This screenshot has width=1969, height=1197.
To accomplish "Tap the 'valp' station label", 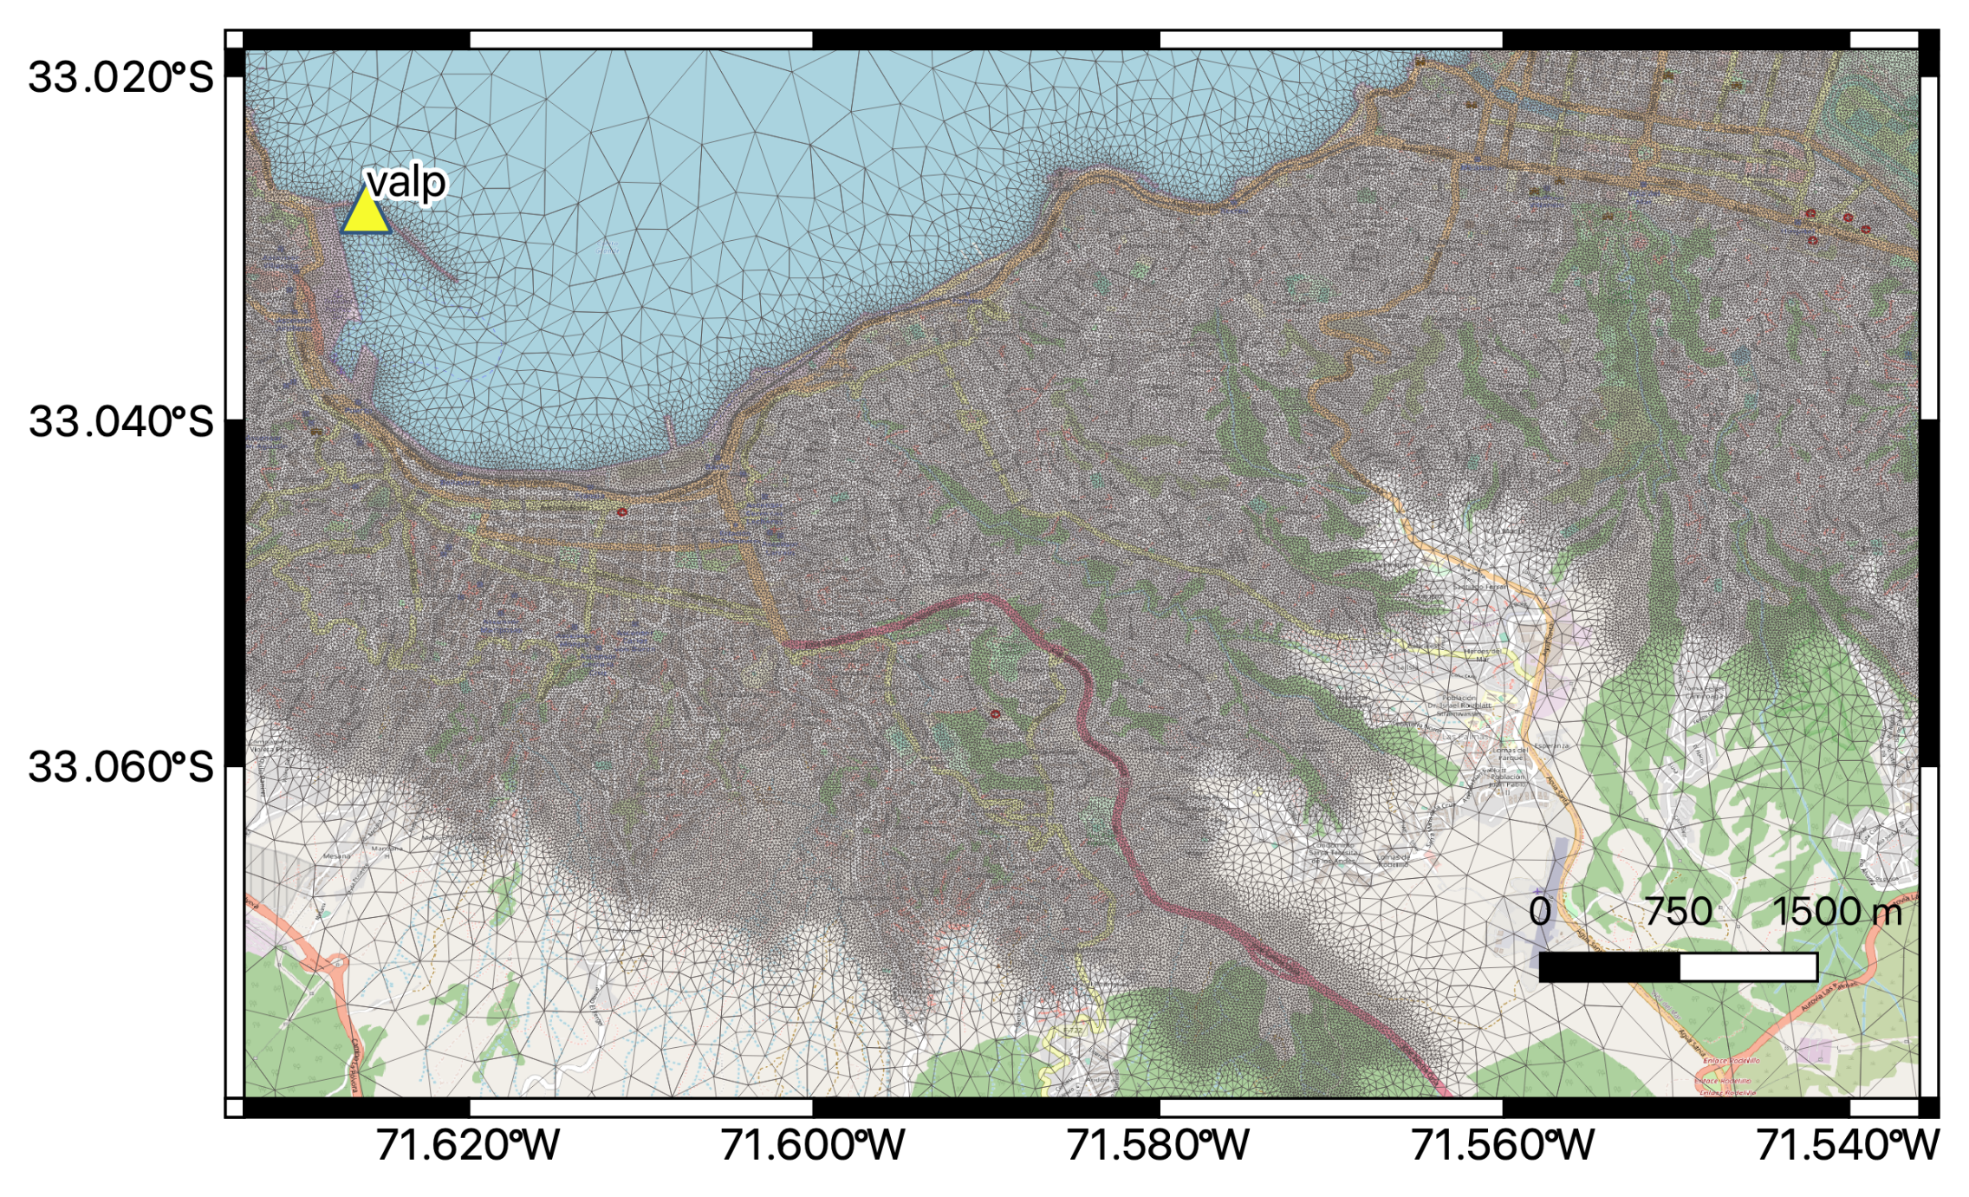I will (x=406, y=182).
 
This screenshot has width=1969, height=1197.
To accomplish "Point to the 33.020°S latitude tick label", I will (x=120, y=77).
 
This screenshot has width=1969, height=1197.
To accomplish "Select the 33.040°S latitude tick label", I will (x=120, y=421).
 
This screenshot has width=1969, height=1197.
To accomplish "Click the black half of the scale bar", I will (x=1608, y=967).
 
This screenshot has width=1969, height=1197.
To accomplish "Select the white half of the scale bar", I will (x=1748, y=967).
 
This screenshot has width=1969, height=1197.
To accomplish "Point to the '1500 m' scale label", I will (x=1836, y=912).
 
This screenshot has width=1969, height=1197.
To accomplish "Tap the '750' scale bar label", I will (x=1679, y=912).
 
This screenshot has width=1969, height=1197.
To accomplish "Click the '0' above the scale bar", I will (x=1540, y=912).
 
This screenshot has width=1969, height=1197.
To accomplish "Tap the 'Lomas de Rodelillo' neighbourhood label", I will (x=1392, y=860).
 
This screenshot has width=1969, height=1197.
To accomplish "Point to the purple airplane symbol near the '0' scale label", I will (x=1537, y=891).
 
